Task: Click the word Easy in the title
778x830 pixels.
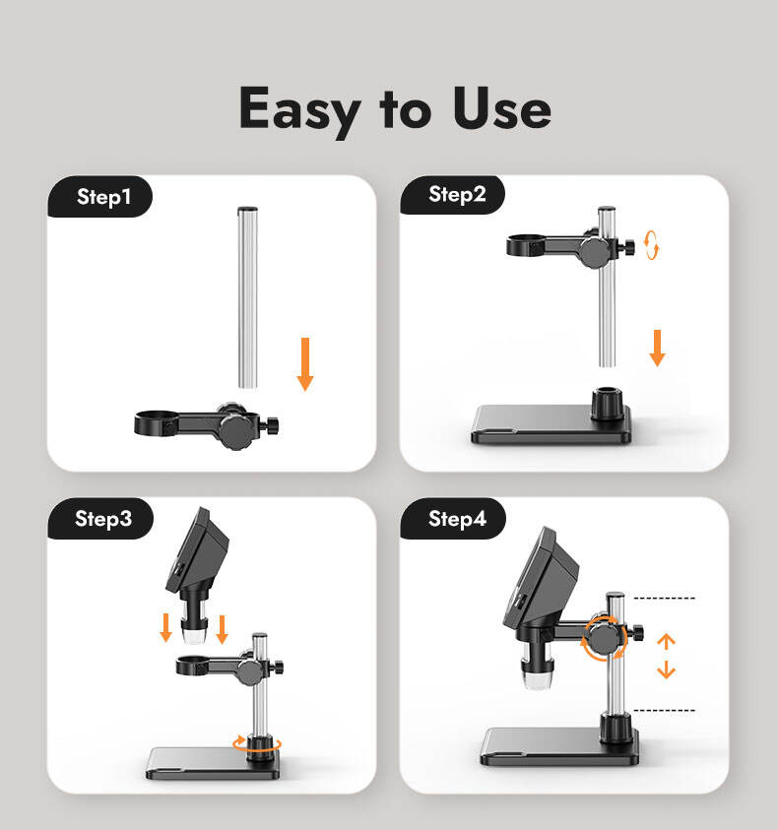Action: (299, 110)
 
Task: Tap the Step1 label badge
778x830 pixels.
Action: (100, 196)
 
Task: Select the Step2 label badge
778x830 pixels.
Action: (453, 194)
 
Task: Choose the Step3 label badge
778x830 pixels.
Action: (100, 519)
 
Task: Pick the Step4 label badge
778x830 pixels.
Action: (453, 519)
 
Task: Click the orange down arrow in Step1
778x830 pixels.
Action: (305, 364)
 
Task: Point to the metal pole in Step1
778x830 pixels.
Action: (248, 297)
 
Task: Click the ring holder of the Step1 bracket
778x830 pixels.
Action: (157, 423)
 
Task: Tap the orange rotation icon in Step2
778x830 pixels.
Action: (651, 245)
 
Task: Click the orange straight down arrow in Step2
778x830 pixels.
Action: (657, 349)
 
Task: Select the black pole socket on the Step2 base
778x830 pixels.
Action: (607, 404)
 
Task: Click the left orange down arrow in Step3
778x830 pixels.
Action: (166, 628)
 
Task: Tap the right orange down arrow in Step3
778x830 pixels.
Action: (223, 629)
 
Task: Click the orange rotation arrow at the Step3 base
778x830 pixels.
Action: (257, 744)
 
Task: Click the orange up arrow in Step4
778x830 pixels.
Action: (667, 642)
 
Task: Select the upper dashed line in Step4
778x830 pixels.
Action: (664, 599)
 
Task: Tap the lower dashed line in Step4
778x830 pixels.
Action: (664, 710)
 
